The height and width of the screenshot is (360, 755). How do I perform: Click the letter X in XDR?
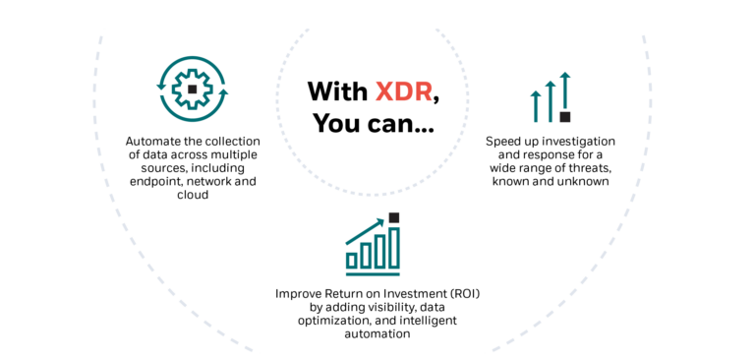tap(383, 91)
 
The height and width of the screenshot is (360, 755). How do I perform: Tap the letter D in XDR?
tap(403, 91)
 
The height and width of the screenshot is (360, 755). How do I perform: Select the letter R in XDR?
tap(423, 91)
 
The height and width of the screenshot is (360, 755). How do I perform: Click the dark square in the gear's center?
tap(192, 89)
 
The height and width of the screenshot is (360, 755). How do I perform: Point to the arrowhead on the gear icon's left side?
tap(161, 87)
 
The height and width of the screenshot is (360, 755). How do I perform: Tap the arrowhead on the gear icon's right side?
tap(223, 91)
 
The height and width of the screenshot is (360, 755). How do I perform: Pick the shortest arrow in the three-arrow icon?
tap(536, 105)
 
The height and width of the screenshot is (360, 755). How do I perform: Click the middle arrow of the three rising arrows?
tap(550, 100)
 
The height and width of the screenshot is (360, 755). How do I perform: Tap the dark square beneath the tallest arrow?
tap(565, 117)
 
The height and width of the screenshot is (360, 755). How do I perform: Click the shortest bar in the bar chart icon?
tap(352, 260)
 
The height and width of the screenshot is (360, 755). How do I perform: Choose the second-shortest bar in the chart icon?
tap(366, 255)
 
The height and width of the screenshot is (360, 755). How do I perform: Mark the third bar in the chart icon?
tap(379, 251)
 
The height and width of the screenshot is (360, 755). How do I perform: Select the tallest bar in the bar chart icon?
tap(394, 247)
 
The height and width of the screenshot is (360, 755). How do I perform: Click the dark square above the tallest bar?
tap(394, 217)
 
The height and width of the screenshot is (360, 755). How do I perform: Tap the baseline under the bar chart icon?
tap(373, 272)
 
